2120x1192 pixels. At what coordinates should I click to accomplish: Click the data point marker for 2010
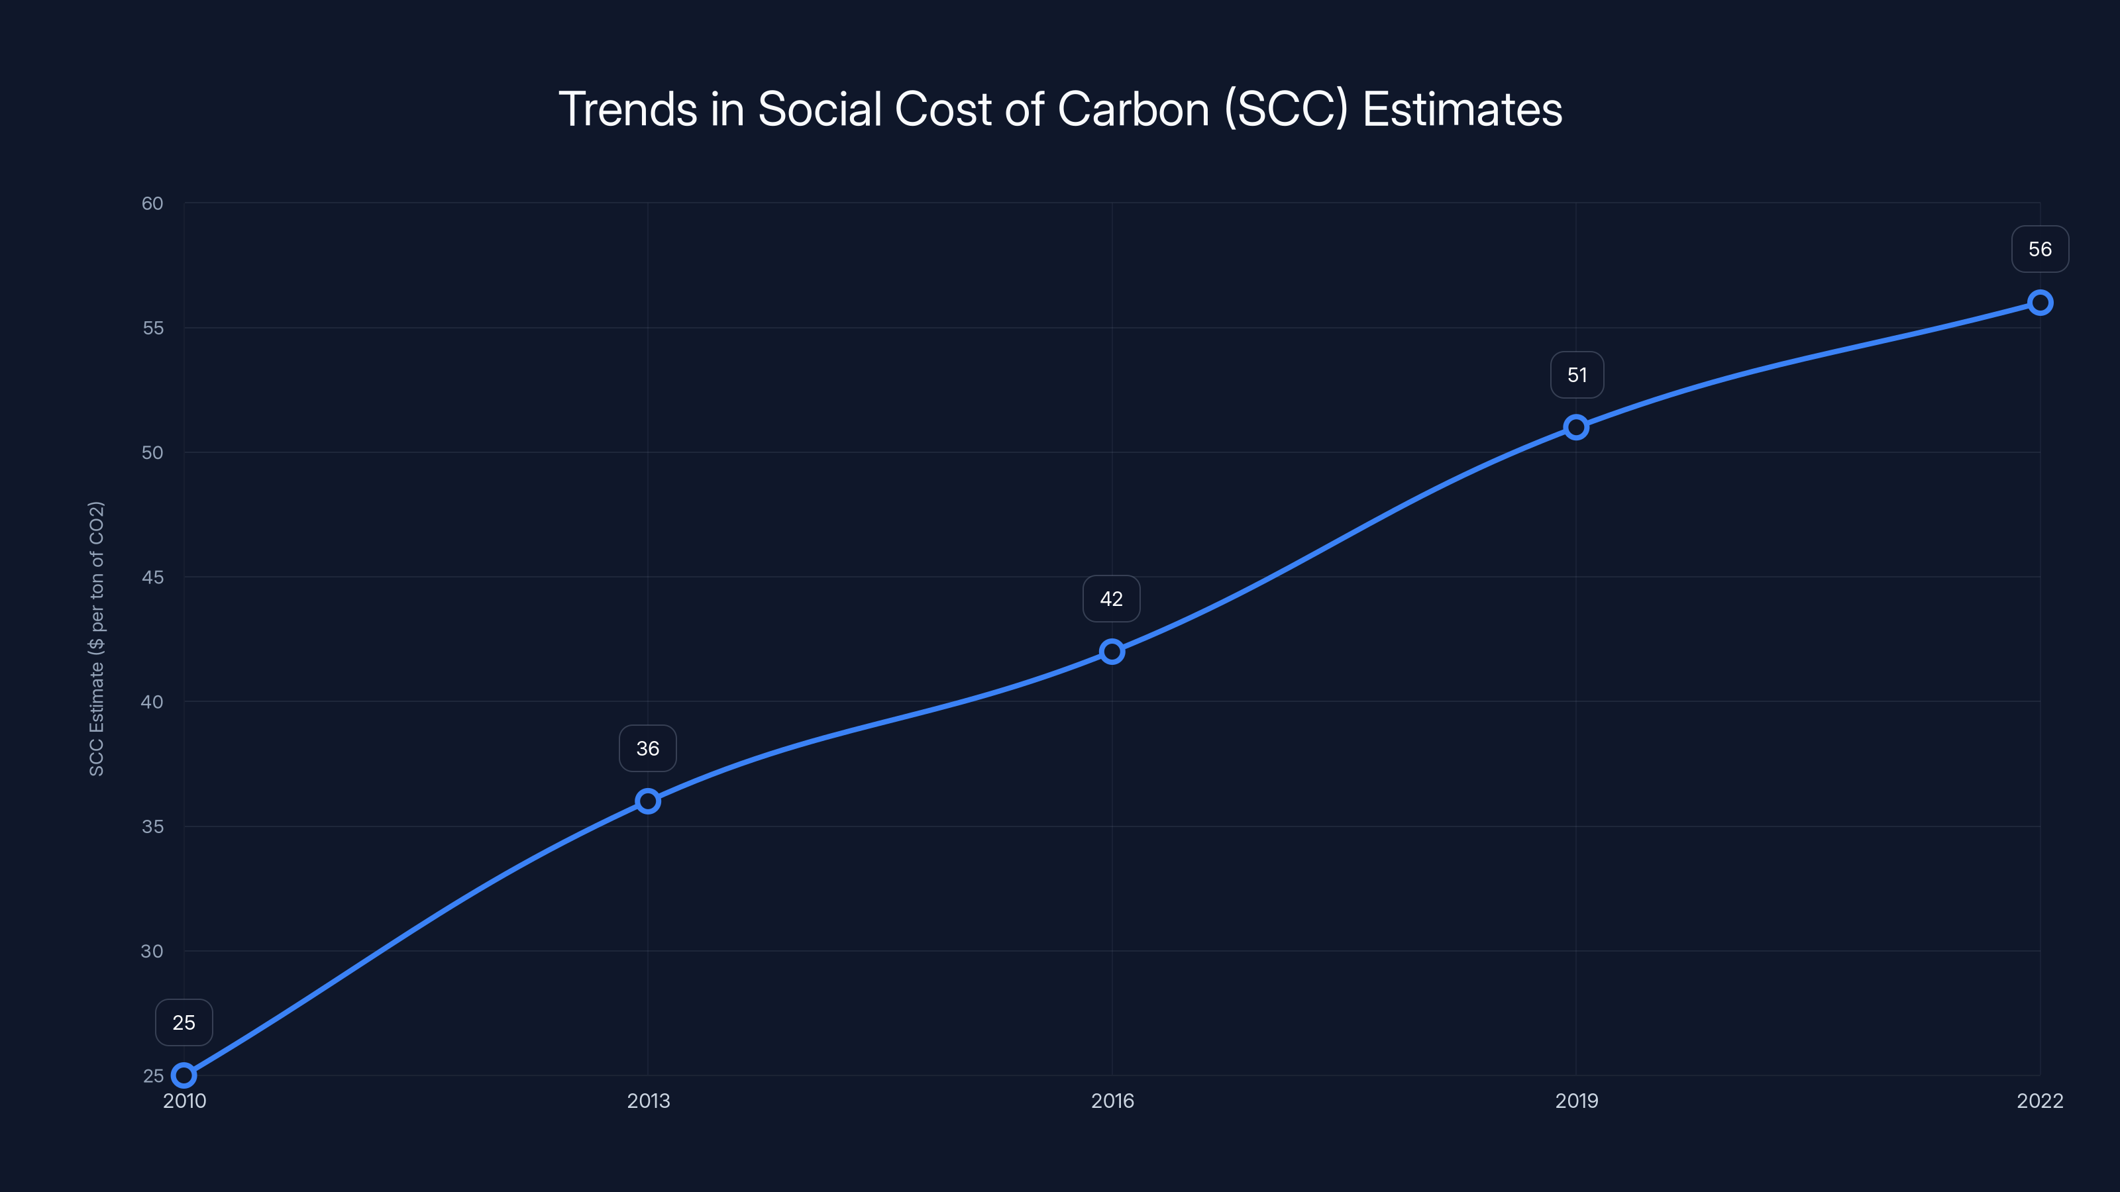[x=184, y=1075]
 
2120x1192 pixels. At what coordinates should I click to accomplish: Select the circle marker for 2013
[x=648, y=801]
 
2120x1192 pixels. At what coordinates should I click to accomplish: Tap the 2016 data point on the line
[x=1112, y=652]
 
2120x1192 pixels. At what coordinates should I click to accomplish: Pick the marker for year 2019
[x=1576, y=427]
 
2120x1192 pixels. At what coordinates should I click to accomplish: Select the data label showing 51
[x=1577, y=375]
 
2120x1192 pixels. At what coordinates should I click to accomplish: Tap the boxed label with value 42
[x=1111, y=599]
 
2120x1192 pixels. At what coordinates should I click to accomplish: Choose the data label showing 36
[x=648, y=748]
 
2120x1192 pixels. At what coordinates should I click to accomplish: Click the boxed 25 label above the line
[x=184, y=1022]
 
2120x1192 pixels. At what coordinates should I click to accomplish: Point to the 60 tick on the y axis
[x=152, y=203]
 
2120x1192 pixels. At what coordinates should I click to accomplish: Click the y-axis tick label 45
[x=152, y=577]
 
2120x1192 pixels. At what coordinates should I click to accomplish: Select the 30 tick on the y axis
[x=152, y=951]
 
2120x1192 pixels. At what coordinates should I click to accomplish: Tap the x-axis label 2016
[x=1112, y=1101]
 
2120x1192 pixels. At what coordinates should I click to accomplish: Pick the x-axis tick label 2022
[x=2039, y=1101]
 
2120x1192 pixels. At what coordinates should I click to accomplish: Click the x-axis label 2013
[x=648, y=1101]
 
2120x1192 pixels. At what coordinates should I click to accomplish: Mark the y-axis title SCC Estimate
[x=96, y=638]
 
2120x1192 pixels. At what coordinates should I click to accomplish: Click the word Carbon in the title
[x=1134, y=109]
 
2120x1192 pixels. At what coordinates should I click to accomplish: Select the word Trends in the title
[x=628, y=109]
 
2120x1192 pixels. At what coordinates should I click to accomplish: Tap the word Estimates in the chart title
[x=1461, y=109]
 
